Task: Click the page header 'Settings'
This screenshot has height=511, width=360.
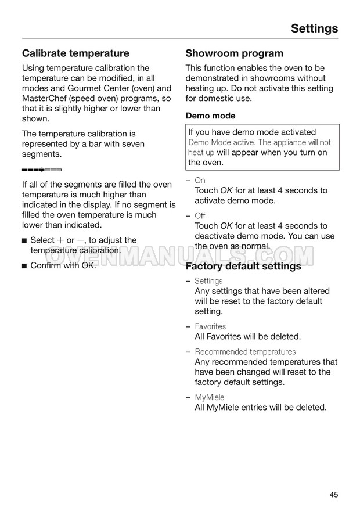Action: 314,28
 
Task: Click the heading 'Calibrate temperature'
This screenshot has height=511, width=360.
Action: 75,53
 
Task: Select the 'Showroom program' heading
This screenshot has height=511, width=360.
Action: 234,53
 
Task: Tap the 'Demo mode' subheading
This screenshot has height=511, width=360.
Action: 210,116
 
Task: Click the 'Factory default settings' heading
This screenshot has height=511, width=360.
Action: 243,267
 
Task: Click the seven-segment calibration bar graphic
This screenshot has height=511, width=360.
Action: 41,170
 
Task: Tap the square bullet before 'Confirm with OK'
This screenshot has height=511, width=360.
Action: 24,266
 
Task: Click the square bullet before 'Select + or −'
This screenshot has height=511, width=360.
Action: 24,240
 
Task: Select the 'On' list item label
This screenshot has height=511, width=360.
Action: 200,181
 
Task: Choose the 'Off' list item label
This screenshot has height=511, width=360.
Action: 200,216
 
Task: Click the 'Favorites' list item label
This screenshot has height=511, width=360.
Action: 210,326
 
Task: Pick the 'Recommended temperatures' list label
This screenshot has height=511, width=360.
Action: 245,352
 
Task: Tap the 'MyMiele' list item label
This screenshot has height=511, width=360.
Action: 209,397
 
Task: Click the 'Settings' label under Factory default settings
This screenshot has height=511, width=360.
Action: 208,281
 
